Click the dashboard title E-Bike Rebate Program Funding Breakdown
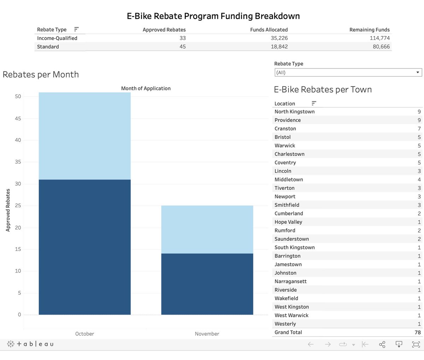coord(213,16)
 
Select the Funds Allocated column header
coord(269,30)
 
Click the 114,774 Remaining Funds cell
coord(379,38)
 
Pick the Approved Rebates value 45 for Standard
coord(182,47)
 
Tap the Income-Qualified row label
coord(57,38)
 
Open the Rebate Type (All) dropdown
coord(348,72)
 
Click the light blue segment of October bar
coord(84,136)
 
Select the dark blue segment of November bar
coord(207,284)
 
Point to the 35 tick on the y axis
coord(18,162)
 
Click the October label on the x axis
coord(84,334)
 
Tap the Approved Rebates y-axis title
coord(8,210)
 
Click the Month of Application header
coord(146,89)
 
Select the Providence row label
coord(288,120)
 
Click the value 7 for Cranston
coord(419,128)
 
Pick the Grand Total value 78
coord(417,332)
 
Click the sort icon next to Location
coord(314,103)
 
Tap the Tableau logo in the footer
coord(30,344)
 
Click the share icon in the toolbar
coord(382,344)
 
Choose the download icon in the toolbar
coord(399,344)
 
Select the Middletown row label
coord(289,180)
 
